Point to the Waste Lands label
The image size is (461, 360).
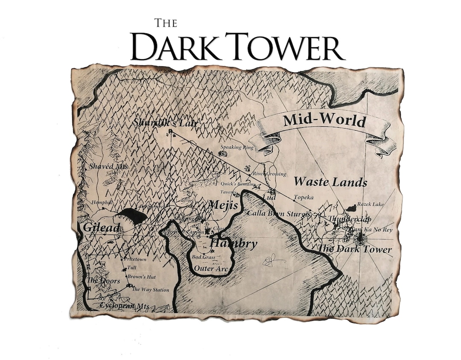pos(330,182)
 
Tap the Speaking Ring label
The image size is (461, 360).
pos(236,147)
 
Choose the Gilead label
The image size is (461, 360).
pos(101,228)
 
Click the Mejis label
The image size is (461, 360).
pos(223,205)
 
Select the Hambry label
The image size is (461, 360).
pos(234,244)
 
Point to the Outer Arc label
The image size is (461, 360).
pos(211,269)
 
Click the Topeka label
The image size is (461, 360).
pos(304,197)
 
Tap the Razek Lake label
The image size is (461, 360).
pos(371,204)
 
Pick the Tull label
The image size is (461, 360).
pos(132,268)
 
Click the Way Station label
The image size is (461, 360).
pos(150,290)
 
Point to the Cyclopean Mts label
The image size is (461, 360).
pos(124,306)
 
